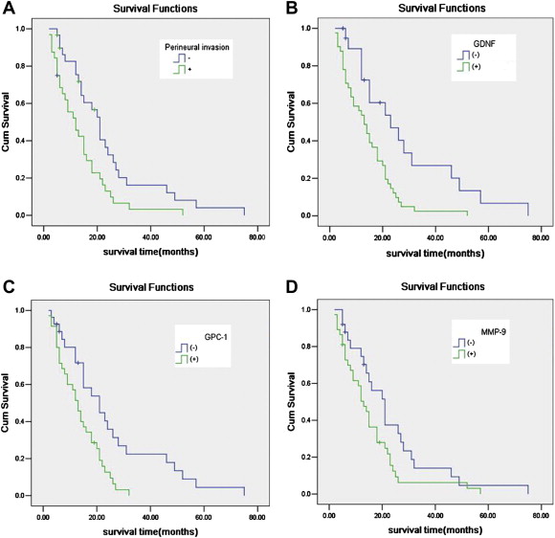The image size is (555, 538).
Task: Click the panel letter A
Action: (x=9, y=10)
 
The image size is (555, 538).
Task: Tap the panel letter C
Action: (x=9, y=284)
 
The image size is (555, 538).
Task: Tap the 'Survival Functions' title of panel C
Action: (x=143, y=287)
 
